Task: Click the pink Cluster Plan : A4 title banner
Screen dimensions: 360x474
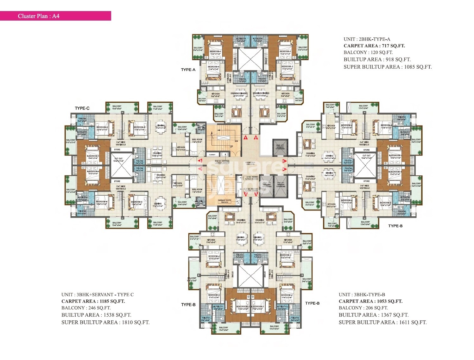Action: pos(55,16)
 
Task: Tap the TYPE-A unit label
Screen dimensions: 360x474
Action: pos(188,70)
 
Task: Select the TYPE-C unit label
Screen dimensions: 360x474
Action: pos(82,108)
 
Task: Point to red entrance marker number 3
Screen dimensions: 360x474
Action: pos(284,161)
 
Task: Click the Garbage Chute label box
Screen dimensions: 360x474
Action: pos(224,201)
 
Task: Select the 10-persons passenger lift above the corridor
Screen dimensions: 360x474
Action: pos(280,148)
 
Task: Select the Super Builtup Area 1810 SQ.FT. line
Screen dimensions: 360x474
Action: pos(105,322)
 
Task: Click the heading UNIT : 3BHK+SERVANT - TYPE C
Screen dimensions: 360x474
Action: pos(98,294)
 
